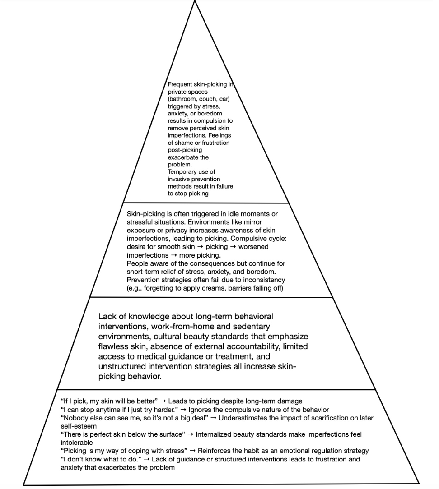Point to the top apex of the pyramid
[195, 1]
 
